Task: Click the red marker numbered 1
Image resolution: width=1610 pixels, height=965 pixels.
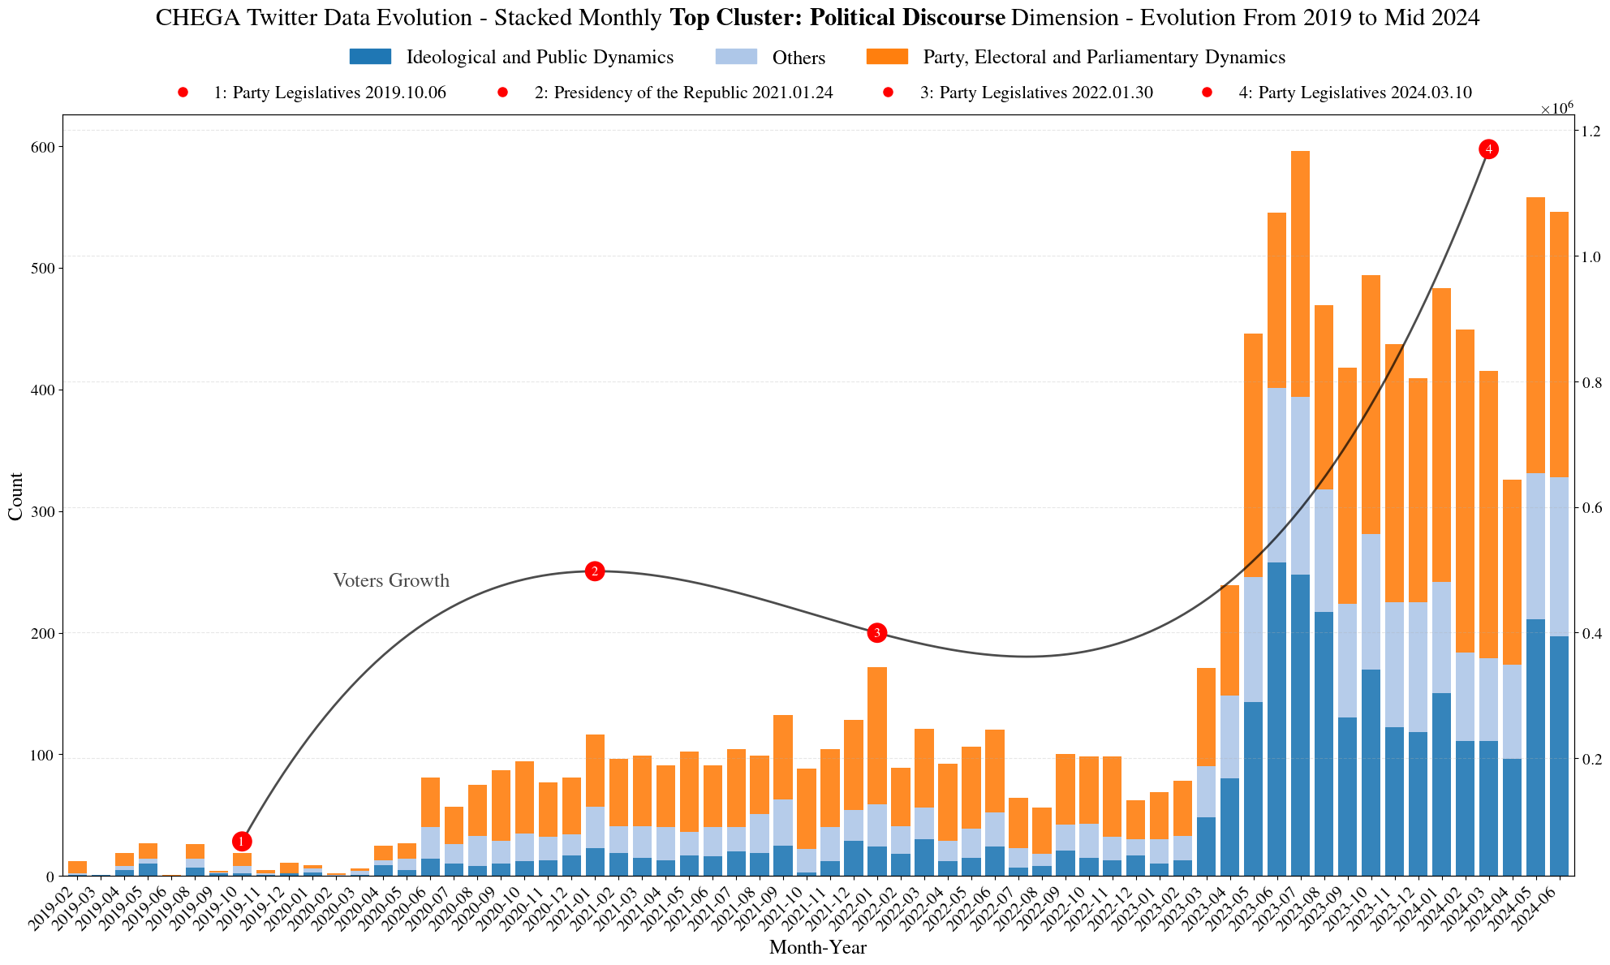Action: (242, 841)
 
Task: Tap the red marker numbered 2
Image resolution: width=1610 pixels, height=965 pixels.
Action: (595, 571)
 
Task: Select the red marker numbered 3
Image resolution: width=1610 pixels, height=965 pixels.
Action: (877, 632)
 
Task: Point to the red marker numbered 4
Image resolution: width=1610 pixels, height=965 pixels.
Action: (1488, 149)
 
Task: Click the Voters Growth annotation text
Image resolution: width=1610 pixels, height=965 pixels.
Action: (391, 581)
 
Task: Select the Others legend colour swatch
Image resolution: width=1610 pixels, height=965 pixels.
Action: (735, 58)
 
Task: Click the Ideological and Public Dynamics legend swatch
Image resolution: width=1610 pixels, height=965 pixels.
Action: (370, 58)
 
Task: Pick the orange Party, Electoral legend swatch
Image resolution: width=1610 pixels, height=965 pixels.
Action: (887, 58)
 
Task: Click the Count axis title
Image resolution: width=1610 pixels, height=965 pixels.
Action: (15, 496)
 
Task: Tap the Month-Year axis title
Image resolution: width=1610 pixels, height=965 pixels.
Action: (817, 947)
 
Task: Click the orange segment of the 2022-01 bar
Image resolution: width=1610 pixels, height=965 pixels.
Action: (877, 735)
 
